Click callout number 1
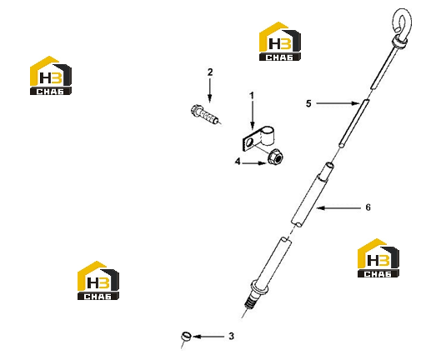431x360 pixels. point(252,96)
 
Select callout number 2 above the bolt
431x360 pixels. point(210,72)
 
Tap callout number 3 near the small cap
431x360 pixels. point(231,336)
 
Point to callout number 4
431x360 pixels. point(238,161)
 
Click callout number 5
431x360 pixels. point(308,103)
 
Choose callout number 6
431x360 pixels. point(368,207)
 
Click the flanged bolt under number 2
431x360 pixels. point(205,115)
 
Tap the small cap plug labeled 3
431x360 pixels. point(186,336)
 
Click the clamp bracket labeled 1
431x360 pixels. point(258,138)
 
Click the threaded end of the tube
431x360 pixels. point(252,302)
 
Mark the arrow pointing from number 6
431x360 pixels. point(338,207)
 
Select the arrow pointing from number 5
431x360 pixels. point(338,103)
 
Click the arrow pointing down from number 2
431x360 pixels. point(210,90)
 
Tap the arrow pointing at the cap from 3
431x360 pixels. point(208,337)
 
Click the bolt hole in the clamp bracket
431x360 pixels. point(249,142)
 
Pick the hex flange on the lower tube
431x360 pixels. point(259,287)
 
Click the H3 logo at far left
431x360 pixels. point(51,76)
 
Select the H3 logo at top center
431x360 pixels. point(280,42)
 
